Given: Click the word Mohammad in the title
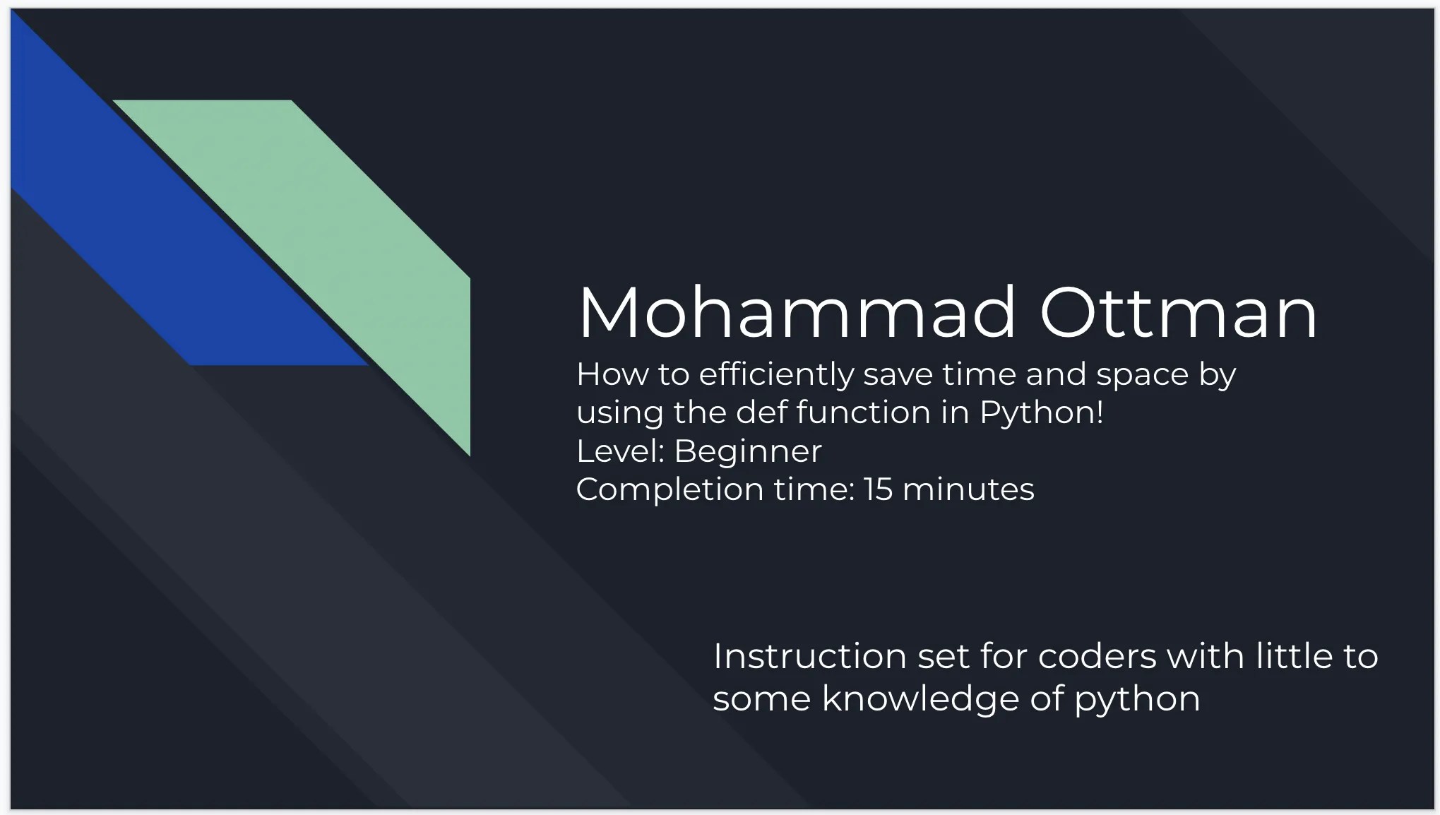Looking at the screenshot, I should (797, 313).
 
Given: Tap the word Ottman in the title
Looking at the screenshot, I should (1178, 313).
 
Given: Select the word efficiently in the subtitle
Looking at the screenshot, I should (776, 375).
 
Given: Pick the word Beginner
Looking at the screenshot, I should (748, 451).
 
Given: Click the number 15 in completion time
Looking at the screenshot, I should (878, 489).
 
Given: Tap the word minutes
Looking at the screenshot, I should (968, 489).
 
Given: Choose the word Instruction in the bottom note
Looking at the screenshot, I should (809, 656).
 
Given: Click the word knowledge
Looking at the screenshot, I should (920, 700).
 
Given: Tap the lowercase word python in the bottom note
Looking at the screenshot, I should (1137, 700).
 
